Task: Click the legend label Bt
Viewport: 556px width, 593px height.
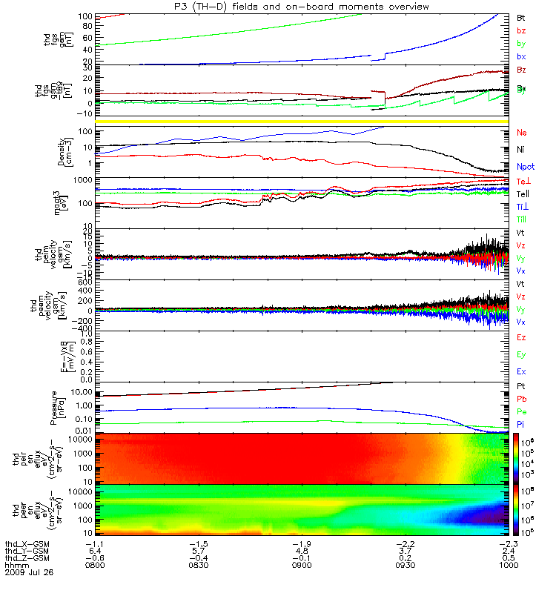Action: click(521, 16)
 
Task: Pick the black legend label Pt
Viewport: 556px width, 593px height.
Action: click(521, 386)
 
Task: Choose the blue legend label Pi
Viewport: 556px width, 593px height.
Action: click(521, 424)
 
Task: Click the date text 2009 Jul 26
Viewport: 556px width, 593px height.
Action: click(29, 572)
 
